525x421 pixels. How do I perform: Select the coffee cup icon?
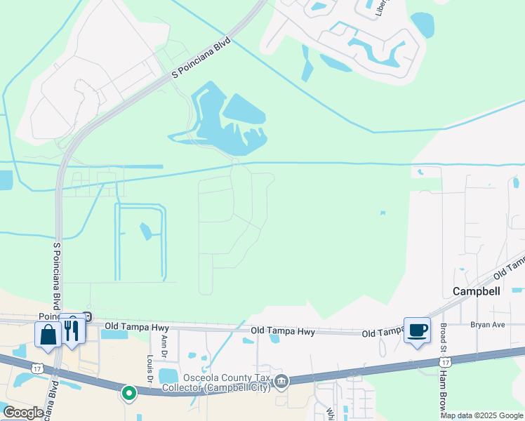[417, 330]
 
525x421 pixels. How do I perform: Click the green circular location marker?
[128, 393]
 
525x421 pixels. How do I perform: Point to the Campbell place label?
[476, 291]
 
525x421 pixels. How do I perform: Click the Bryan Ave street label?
[488, 325]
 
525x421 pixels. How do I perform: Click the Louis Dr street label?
[149, 370]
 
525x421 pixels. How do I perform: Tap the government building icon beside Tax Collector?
[281, 382]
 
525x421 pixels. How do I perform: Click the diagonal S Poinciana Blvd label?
[201, 63]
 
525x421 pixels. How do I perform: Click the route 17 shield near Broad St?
[444, 361]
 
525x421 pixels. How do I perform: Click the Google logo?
[23, 413]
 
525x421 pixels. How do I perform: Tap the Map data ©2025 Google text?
[481, 415]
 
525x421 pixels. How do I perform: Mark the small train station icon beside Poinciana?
[87, 316]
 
